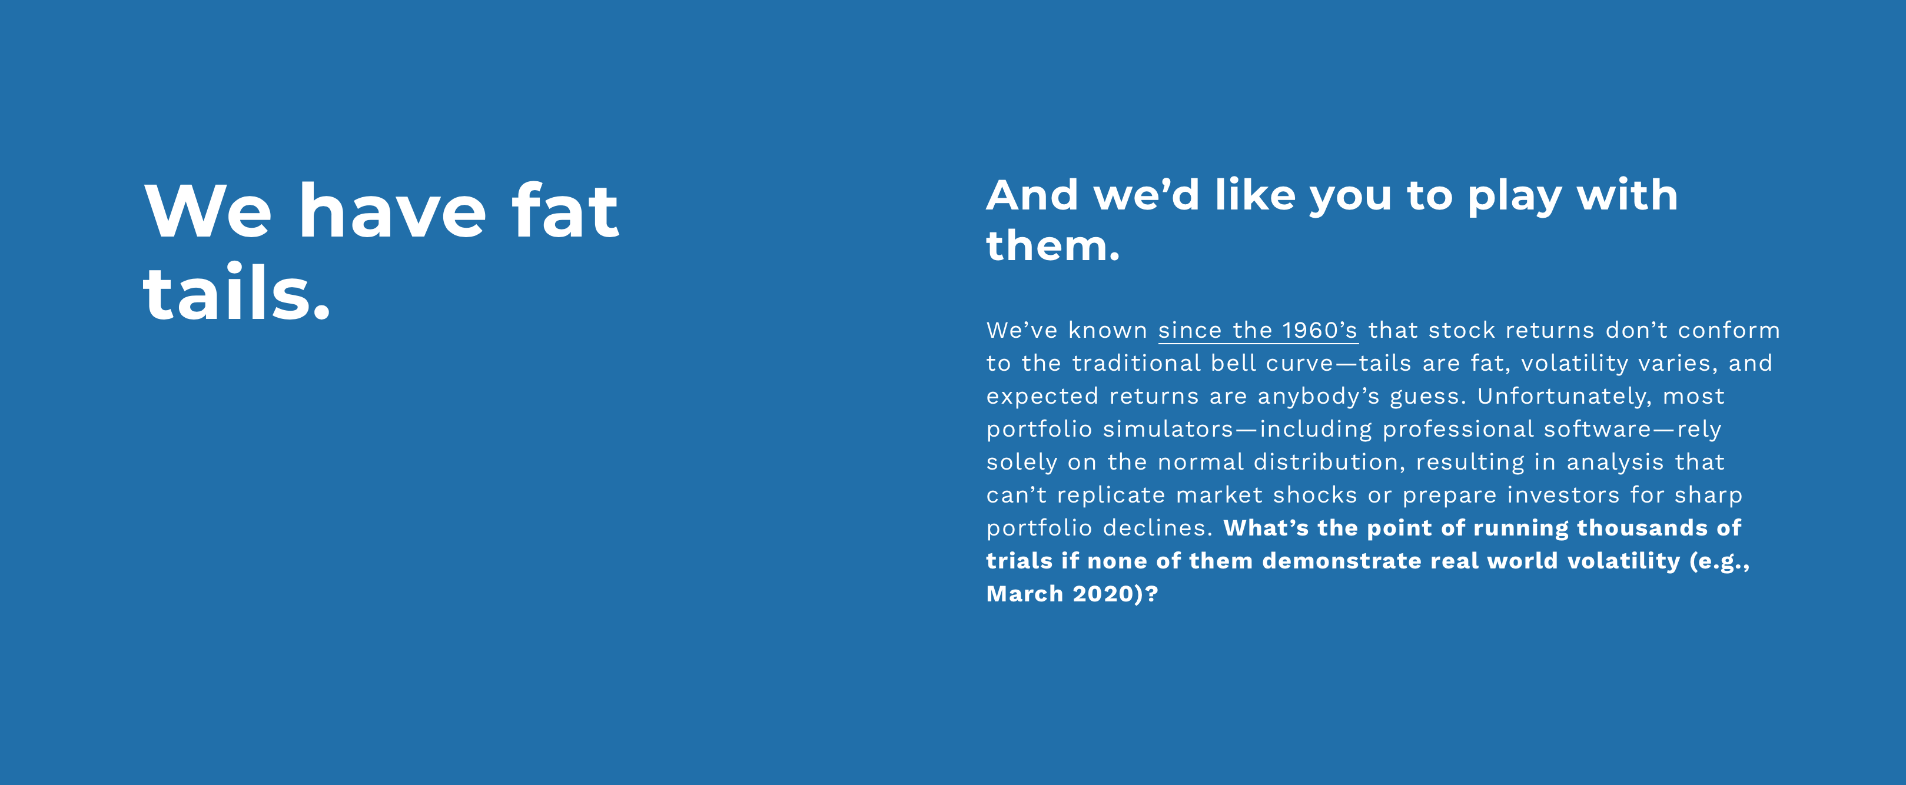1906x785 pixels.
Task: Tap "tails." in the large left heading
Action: pos(236,293)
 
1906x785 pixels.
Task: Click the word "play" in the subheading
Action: pos(1514,197)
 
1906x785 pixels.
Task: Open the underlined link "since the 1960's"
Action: pos(1258,330)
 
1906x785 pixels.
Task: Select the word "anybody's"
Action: pos(1319,397)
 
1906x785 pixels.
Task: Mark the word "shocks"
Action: pos(1316,494)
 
